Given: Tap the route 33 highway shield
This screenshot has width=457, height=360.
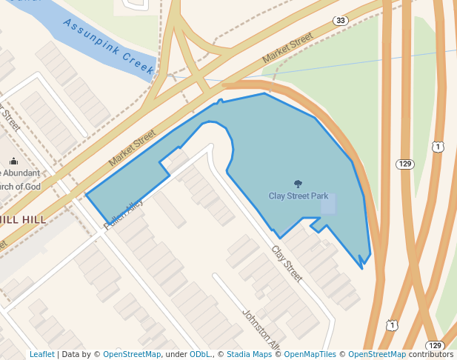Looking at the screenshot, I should coord(340,20).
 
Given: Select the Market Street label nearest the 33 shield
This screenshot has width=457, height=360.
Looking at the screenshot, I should coord(288,50).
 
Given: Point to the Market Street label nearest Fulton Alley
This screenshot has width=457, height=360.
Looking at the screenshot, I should coord(132,148).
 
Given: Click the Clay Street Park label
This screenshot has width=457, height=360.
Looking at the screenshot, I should coord(298,196).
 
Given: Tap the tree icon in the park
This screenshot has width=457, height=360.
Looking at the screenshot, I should coord(298,184).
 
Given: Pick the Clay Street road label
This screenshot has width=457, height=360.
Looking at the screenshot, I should coord(287,263).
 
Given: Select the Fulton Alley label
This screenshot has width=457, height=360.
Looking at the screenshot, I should coord(123,215).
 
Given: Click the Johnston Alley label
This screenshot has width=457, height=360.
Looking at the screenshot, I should coord(261,330).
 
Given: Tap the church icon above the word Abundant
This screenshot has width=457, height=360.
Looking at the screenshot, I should coord(13,161).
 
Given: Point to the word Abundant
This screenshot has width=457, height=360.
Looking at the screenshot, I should coord(22,173).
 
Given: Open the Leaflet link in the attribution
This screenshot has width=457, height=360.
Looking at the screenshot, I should coord(42,354).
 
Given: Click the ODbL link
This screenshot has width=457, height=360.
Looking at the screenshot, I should coord(200,354).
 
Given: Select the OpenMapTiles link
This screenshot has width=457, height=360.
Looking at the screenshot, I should coord(310,354).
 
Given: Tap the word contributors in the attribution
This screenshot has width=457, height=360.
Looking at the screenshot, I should coord(431,354).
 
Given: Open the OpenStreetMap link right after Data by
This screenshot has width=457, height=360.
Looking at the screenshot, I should coord(132,354).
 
